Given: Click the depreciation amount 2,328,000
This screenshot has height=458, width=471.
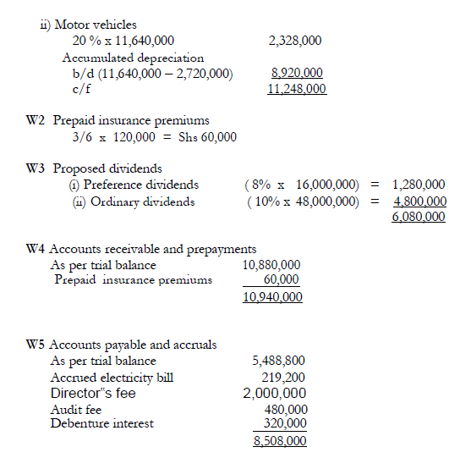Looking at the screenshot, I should (294, 41).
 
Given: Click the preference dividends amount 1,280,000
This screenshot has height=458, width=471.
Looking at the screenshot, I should (419, 185).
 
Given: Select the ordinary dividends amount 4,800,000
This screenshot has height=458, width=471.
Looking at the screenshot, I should (419, 201).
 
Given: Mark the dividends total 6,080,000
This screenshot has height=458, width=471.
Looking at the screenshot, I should (419, 218).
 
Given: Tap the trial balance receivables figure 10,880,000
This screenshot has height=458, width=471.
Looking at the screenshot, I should (271, 265).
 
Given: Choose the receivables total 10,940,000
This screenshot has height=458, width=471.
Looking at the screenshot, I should (271, 298).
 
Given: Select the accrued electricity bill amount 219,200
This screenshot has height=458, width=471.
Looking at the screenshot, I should (285, 377).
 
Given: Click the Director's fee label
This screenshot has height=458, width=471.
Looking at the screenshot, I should (93, 393).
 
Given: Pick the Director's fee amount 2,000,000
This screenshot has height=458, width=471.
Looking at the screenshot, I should (275, 393).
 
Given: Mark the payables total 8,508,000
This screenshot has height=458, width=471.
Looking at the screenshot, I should (280, 440).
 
